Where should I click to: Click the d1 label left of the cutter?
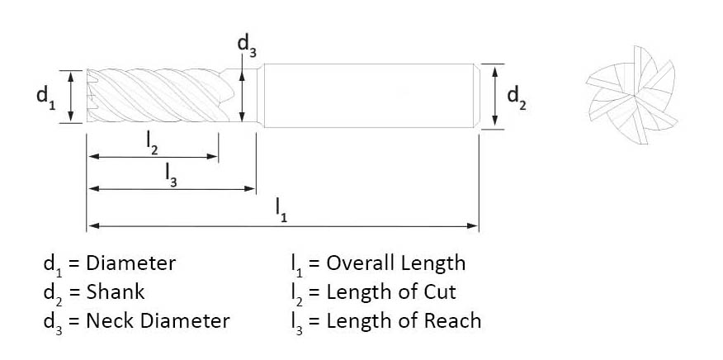point(45,97)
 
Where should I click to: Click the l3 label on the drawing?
point(171,175)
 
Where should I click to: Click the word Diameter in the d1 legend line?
point(131,263)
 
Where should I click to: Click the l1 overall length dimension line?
point(206,225)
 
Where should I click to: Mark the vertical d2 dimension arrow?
point(494,97)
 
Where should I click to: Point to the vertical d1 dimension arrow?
point(72,97)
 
